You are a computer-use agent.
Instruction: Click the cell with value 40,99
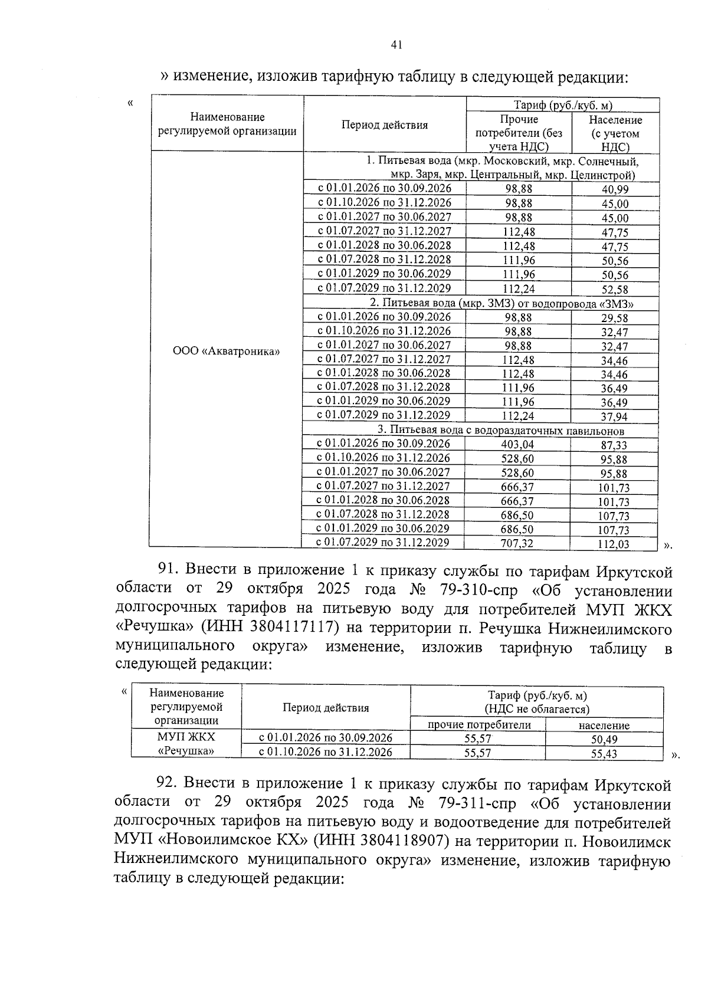click(615, 189)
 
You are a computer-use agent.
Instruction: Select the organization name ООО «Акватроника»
click(226, 352)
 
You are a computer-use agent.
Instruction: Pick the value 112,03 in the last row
click(613, 544)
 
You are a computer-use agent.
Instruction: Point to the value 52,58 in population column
click(615, 290)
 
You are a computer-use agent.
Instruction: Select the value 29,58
click(615, 319)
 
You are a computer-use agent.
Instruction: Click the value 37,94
click(614, 417)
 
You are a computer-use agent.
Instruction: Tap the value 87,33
click(614, 445)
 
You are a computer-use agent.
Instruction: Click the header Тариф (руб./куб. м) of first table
click(562, 106)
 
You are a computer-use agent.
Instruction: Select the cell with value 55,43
click(604, 753)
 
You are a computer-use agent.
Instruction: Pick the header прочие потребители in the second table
click(478, 725)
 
